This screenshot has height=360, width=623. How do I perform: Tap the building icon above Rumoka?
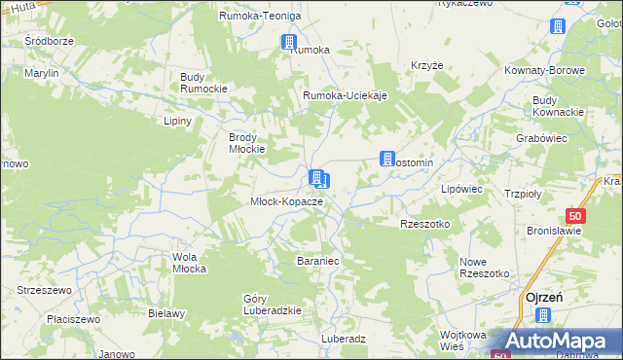coord(289,42)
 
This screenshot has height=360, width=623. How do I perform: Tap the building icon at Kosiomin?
coord(386,159)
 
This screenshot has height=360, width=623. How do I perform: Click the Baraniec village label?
coord(317,261)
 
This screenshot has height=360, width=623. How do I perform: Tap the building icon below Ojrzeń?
coord(543,315)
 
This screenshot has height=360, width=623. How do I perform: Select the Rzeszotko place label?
coord(425,224)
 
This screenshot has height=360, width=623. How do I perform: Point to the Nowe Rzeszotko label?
coord(485,268)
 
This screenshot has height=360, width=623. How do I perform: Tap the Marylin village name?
coord(42,73)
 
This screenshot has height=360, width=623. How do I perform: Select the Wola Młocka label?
coord(190,263)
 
